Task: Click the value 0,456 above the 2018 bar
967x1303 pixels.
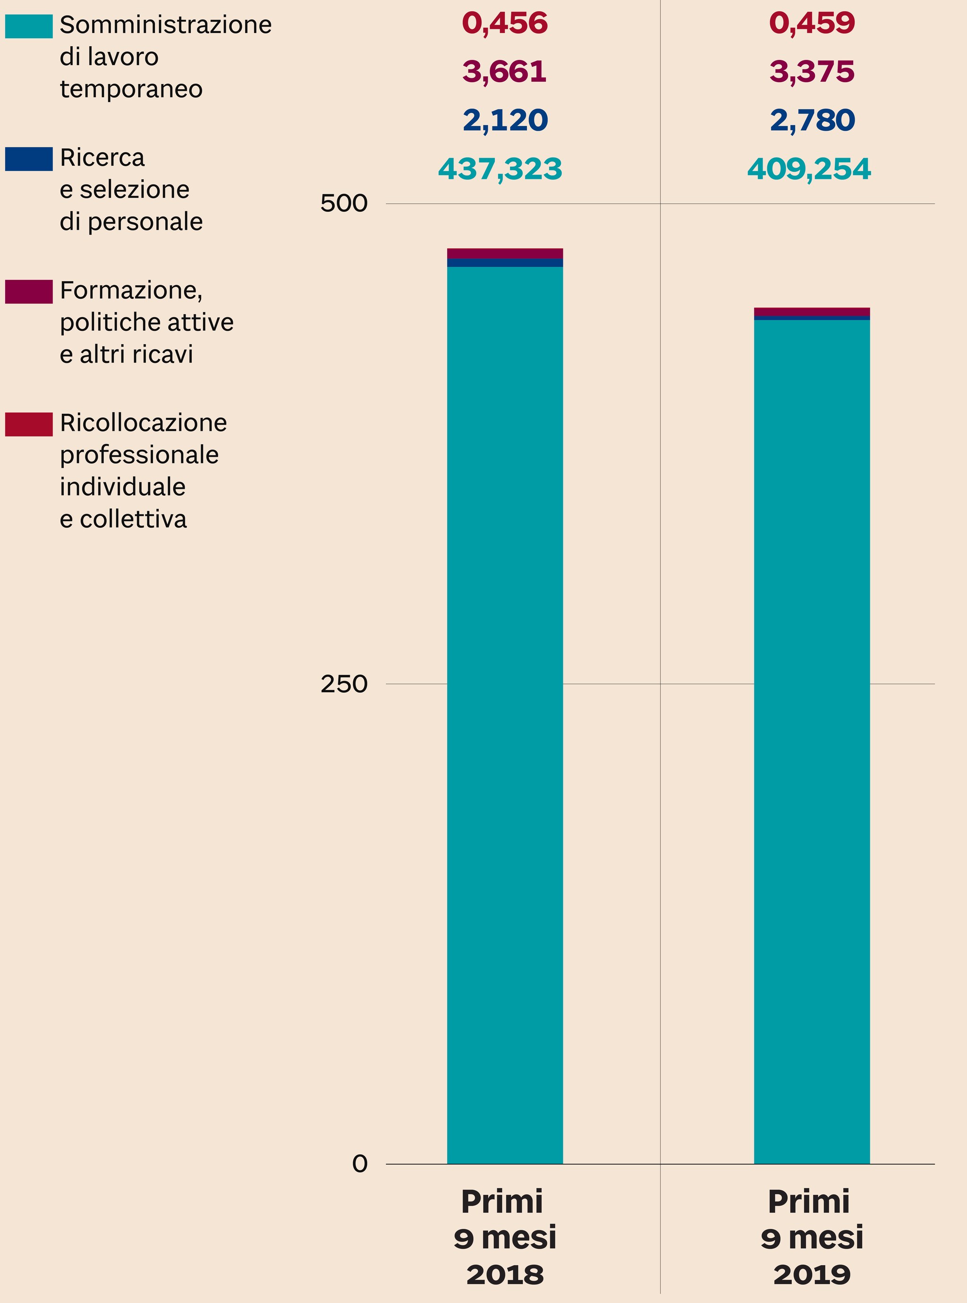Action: point(505,24)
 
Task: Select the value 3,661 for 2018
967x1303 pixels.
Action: point(505,72)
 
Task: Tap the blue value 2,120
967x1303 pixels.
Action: point(505,120)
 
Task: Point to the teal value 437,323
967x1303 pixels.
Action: point(500,169)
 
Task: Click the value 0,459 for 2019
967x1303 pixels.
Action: point(812,24)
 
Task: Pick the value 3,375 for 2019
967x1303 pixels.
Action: point(812,72)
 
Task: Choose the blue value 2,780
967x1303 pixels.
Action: point(812,120)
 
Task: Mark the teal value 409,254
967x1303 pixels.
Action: point(809,169)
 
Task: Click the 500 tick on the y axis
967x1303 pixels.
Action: point(344,203)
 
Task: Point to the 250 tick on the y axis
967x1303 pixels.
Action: point(344,683)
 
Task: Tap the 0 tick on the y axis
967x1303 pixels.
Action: point(360,1163)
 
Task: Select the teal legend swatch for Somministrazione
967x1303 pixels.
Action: point(29,26)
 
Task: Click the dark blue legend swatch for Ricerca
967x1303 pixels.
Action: point(29,159)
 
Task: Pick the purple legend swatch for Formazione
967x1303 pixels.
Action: point(29,291)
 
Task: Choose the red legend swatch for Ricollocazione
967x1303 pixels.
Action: point(29,424)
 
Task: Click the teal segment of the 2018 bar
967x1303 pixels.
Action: point(505,702)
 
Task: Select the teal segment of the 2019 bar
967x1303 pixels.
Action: point(812,731)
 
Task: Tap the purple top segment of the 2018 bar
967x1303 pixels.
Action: point(505,253)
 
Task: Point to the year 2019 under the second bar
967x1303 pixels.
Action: point(812,1274)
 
